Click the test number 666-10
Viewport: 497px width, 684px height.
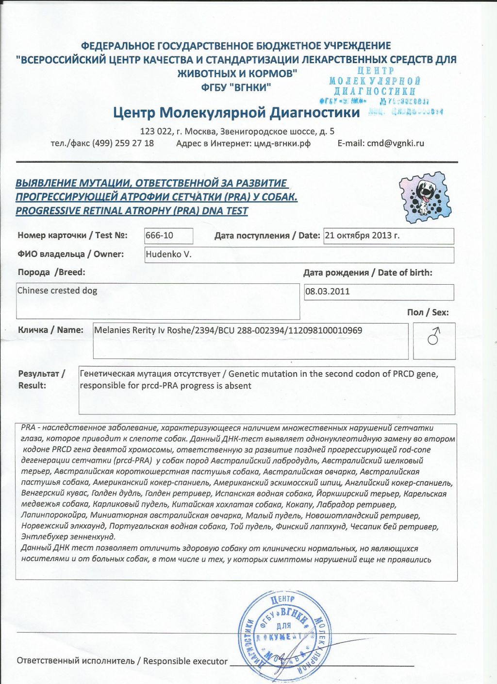point(160,236)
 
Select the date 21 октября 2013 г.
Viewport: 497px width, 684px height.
point(362,236)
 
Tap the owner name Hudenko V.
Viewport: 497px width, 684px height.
point(168,254)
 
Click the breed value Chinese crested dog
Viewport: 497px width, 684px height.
point(57,291)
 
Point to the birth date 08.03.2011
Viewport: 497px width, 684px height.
point(327,292)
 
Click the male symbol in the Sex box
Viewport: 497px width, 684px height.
point(433,336)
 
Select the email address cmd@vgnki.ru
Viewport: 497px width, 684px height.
point(396,143)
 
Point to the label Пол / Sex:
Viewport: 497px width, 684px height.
point(428,312)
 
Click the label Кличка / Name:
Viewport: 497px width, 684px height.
point(50,330)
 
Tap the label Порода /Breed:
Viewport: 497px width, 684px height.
point(51,272)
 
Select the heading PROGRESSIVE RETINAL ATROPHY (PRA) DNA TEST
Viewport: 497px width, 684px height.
point(132,211)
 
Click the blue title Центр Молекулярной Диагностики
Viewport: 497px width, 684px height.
point(236,113)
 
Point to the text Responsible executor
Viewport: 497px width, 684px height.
point(185,661)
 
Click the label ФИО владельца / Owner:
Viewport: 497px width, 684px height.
point(71,254)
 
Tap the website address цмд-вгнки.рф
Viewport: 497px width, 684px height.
point(282,143)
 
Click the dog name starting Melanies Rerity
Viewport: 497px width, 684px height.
point(228,330)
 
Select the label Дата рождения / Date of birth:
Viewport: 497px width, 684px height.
point(367,273)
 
